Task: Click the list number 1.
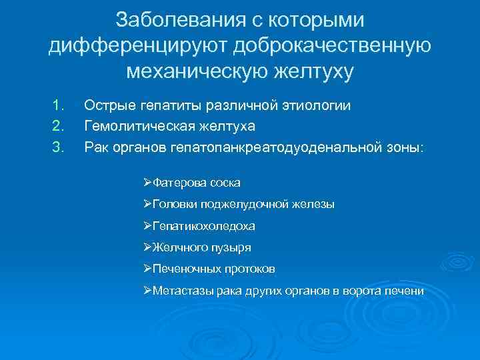57,105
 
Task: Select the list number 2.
57,125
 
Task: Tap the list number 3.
57,146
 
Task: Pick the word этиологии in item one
323,105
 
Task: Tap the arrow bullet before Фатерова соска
147,181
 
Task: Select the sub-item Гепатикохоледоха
203,226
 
